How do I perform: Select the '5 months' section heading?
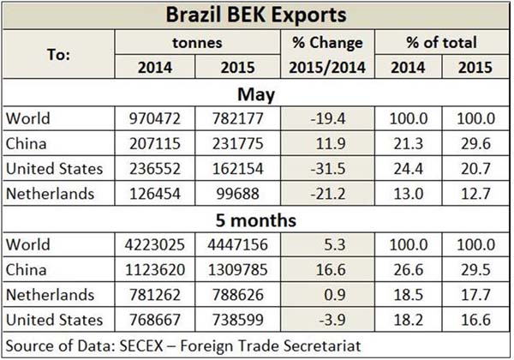[x=256, y=219]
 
